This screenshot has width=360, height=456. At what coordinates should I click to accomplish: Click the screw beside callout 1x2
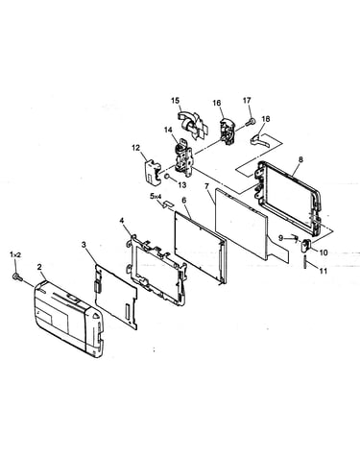[x=17, y=277]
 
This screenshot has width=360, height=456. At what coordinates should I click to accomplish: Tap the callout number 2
[x=39, y=267]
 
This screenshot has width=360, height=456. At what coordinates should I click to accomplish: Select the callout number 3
[x=84, y=245]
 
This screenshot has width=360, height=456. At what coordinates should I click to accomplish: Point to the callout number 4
[x=122, y=220]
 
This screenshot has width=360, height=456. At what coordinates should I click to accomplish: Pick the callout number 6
[x=184, y=200]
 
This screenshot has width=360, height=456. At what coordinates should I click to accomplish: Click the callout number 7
[x=206, y=186]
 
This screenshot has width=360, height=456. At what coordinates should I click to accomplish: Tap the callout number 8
[x=300, y=159]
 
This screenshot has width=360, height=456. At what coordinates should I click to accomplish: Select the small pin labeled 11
[x=306, y=262]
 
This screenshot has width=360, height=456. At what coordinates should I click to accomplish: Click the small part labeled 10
[x=305, y=246]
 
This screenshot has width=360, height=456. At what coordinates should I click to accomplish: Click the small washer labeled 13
[x=167, y=177]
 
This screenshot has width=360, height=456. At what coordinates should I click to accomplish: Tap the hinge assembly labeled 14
[x=183, y=157]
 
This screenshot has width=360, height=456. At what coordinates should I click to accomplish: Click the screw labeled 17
[x=251, y=122]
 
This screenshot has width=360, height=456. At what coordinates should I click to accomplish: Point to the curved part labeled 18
[x=260, y=140]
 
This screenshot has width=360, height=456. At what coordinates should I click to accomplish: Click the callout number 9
[x=280, y=238]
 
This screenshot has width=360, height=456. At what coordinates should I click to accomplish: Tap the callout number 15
[x=175, y=101]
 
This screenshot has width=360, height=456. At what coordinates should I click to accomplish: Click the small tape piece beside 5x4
[x=169, y=204]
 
